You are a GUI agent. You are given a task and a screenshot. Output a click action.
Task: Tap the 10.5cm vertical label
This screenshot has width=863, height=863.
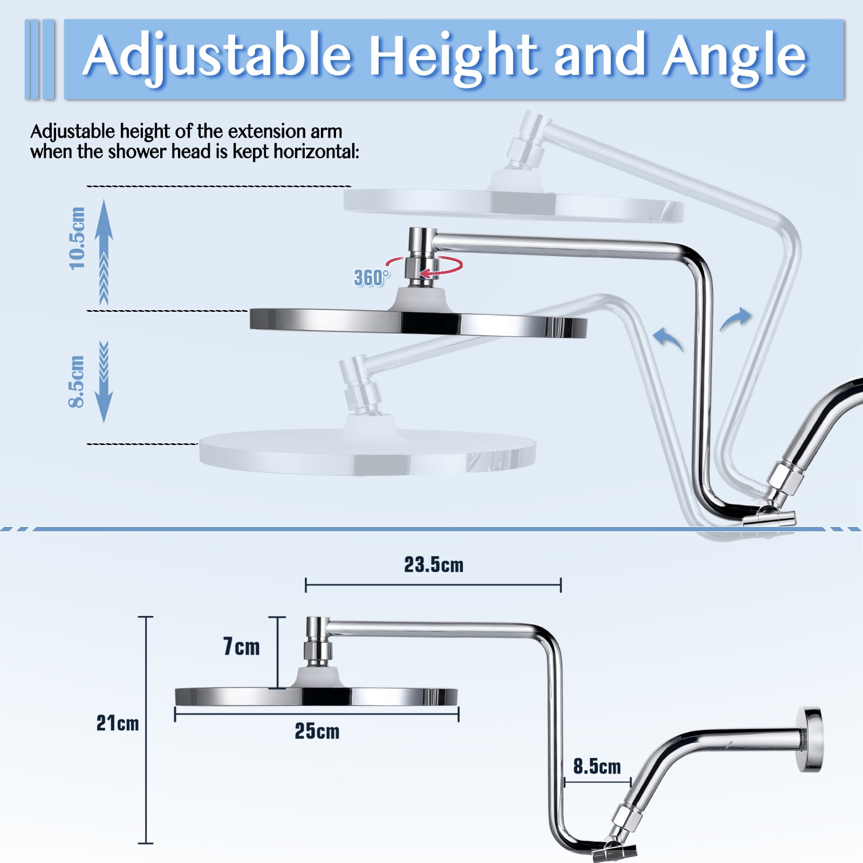[77, 238]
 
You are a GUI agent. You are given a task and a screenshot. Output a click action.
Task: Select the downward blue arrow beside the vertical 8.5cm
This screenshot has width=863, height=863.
[104, 381]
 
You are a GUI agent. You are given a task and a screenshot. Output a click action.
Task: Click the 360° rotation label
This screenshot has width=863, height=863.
[371, 278]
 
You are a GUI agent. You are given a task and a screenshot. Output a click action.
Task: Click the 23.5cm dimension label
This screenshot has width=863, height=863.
[434, 565]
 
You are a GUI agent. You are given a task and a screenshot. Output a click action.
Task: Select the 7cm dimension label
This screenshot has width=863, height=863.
[241, 646]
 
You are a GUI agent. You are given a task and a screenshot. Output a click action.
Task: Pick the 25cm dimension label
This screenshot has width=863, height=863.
[317, 731]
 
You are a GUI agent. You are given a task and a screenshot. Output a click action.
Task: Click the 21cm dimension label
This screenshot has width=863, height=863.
[118, 723]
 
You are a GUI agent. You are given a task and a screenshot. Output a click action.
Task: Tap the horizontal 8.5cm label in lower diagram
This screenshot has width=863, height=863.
[597, 766]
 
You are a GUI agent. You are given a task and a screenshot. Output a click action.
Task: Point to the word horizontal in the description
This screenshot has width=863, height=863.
[316, 152]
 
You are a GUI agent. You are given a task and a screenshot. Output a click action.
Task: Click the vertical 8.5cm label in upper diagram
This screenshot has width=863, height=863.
[77, 381]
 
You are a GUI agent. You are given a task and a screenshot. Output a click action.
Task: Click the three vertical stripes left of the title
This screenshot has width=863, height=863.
[40, 59]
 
